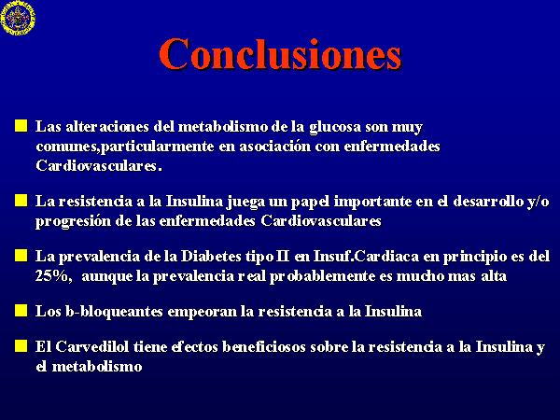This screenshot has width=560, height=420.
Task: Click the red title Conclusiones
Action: (280, 54)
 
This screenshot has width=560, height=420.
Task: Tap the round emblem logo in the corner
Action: (18, 18)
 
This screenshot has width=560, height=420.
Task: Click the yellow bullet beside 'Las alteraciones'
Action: (21, 126)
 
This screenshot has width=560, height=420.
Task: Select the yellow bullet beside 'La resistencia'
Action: (21, 201)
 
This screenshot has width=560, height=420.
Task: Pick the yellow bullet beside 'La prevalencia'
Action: (21, 256)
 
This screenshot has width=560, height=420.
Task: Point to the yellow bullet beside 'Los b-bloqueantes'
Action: (21, 311)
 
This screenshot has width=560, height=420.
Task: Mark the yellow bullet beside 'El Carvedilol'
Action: (21, 345)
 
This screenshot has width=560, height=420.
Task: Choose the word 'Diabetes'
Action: (211, 257)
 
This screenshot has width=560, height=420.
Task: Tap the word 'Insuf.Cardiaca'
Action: (366, 257)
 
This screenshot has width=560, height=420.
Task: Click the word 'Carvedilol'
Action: (92, 347)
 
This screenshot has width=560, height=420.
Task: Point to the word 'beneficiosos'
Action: (264, 347)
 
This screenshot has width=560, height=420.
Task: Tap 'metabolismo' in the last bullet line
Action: (97, 367)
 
